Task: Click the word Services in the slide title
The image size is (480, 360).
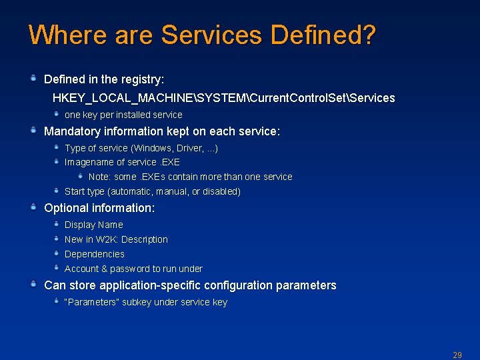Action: pyautogui.click(x=214, y=35)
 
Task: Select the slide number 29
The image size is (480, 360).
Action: pyautogui.click(x=457, y=355)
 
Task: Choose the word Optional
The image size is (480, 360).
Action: pyautogui.click(x=65, y=208)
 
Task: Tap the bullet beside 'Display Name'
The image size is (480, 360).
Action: pyautogui.click(x=57, y=224)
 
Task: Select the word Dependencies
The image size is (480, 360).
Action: pyautogui.click(x=94, y=254)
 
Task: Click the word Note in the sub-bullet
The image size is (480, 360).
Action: pyautogui.click(x=99, y=177)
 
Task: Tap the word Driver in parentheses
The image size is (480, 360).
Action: pyautogui.click(x=189, y=148)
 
